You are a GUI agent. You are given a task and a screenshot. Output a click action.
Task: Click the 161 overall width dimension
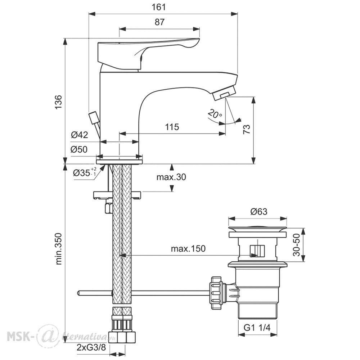point(159,7)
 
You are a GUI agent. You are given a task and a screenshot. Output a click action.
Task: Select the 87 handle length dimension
point(159,22)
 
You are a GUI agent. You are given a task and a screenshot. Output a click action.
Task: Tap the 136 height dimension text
point(59,102)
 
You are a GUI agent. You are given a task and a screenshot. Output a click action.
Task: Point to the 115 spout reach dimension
point(172,127)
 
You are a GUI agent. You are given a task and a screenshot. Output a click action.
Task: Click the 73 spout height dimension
point(247,130)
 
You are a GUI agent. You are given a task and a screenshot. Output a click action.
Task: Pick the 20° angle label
point(215,114)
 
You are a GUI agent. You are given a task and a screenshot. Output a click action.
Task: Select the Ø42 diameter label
point(80,135)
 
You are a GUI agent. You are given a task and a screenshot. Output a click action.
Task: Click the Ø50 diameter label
point(79,149)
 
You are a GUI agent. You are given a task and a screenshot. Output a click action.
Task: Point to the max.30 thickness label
point(171,177)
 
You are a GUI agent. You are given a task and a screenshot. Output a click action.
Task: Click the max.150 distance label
point(188,248)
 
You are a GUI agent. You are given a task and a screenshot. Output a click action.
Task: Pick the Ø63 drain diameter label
point(259,211)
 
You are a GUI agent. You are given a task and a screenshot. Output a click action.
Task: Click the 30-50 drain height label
point(297,245)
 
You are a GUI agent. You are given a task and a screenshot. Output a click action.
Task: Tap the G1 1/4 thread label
point(257,328)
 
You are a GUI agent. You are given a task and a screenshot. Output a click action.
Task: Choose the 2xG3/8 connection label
point(91,348)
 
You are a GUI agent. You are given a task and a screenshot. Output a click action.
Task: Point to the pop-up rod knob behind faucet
point(94,118)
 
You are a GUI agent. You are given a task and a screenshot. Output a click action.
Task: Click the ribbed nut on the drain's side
point(216,293)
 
